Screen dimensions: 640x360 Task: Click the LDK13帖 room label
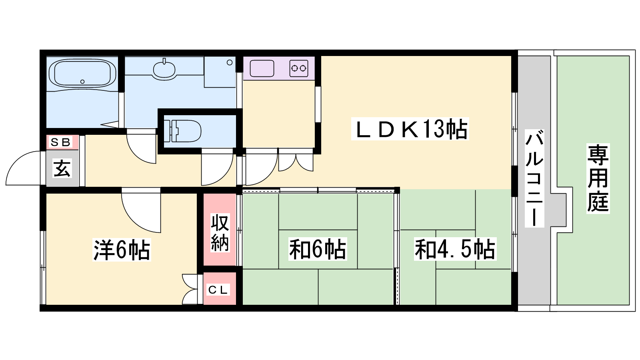pos(410,129)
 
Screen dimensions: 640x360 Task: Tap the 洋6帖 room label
pos(122,250)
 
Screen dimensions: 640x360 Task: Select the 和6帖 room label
pos(318,249)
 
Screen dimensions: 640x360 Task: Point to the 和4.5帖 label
pos(455,249)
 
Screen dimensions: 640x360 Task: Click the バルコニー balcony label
pos(534,178)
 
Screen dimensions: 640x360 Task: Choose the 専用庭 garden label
pos(598,178)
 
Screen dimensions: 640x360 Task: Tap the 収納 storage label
pos(220,232)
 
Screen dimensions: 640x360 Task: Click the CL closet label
pos(218,290)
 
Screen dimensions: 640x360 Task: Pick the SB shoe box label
pos(60,142)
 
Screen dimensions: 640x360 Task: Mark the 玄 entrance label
pos(62,168)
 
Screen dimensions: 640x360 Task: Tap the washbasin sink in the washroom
pos(164,69)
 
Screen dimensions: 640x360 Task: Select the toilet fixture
pos(182,131)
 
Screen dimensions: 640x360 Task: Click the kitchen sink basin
pos(262,68)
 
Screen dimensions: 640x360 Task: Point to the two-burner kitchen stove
pos(298,68)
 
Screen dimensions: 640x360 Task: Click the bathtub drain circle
pos(82,82)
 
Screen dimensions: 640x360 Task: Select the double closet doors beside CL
pos(190,289)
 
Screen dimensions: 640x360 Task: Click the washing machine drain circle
pos(230,62)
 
